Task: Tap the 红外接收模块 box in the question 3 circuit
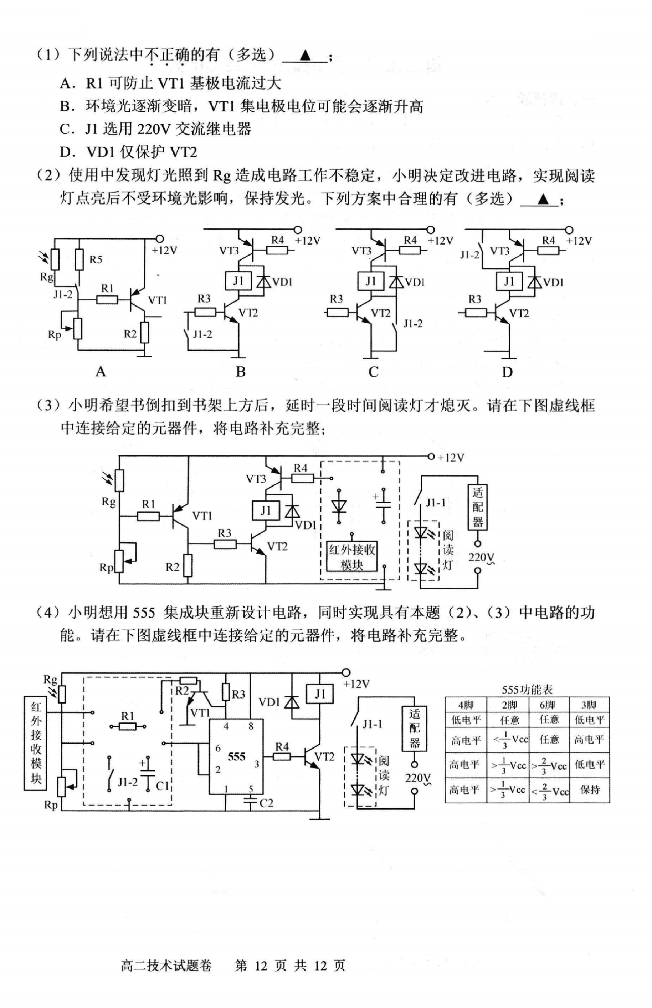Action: [x=352, y=556]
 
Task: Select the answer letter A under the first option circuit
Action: [x=100, y=372]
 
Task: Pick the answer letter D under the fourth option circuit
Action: [x=507, y=372]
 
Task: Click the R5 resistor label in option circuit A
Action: [x=96, y=259]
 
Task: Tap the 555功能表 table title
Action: [x=527, y=689]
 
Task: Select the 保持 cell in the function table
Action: [x=589, y=790]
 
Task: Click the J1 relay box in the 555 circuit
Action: [x=320, y=693]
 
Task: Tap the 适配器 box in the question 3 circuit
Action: [x=477, y=507]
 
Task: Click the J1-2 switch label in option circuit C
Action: [x=412, y=323]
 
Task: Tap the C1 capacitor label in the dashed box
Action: [x=163, y=786]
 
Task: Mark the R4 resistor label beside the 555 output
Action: [x=281, y=747]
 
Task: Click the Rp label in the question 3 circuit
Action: [x=106, y=567]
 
